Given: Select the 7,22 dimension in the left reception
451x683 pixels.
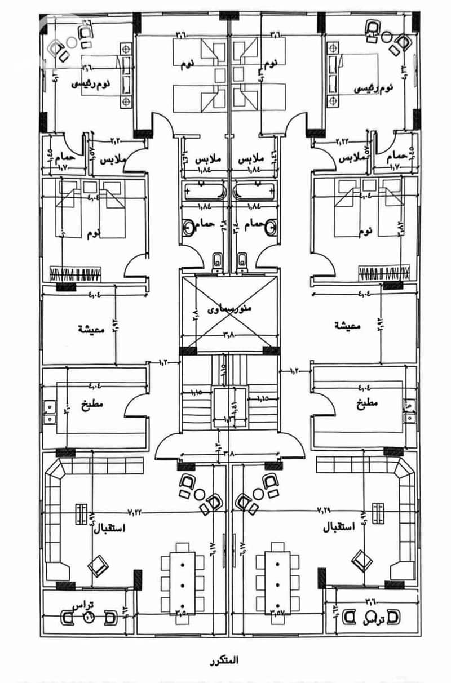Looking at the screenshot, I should click(135, 512).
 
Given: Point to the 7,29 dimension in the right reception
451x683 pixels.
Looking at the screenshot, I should click(325, 510).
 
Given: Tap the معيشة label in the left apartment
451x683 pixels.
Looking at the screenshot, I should click(90, 329).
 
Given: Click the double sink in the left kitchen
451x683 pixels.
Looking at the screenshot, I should click(49, 411).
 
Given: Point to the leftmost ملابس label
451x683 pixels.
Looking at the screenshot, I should click(112, 159).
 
